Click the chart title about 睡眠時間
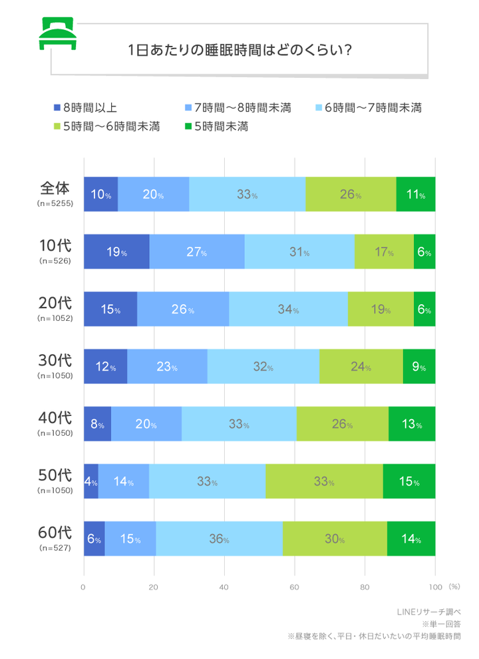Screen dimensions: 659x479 [x=239, y=50]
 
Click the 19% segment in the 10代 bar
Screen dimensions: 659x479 [x=116, y=252]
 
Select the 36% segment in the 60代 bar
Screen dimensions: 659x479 [x=220, y=539]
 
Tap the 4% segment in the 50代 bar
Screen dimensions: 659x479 [x=90, y=482]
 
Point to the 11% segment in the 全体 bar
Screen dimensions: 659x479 [x=416, y=195]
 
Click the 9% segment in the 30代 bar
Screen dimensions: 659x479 [x=419, y=367]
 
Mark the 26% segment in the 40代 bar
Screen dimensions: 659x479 [x=342, y=424]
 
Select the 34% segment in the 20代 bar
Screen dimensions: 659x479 [x=288, y=310]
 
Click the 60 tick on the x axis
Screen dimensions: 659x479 [x=295, y=587]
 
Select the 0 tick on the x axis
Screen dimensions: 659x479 [x=84, y=587]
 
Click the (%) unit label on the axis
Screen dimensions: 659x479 [x=454, y=587]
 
